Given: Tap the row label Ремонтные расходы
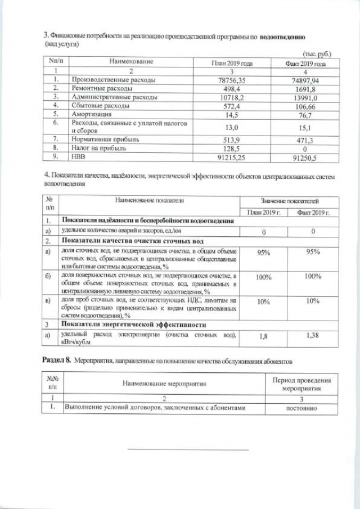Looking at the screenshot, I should coord(102,88).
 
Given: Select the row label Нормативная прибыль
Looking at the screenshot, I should coord(105,138).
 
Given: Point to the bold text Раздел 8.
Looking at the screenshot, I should coord(57,358).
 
